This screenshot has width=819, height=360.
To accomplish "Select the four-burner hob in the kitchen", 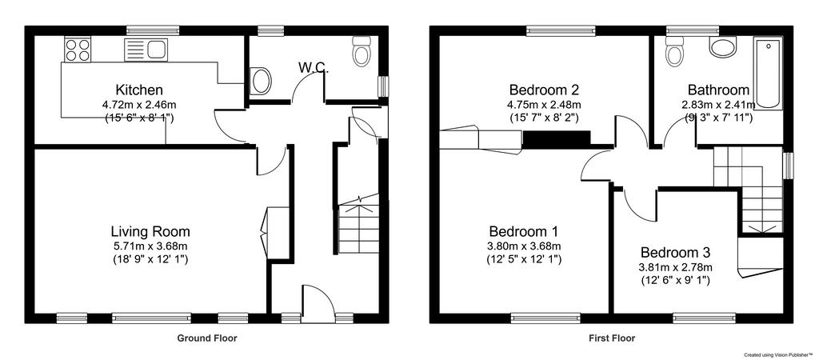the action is click(78, 49).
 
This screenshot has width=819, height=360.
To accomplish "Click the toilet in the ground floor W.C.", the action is click(362, 50).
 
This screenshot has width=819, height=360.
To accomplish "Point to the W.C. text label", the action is click(314, 67).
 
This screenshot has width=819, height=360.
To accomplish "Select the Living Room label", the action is click(150, 231).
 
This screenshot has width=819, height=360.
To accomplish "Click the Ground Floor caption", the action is click(207, 338).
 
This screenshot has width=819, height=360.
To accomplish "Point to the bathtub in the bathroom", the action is click(768, 74).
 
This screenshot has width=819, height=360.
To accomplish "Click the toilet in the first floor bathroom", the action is click(673, 50).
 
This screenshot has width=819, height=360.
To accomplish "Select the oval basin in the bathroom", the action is click(723, 46).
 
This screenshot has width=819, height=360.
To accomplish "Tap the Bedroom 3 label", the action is click(675, 253).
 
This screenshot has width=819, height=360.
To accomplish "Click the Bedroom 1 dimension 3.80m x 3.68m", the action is click(524, 246).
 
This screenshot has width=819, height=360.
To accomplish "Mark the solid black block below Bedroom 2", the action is click(557, 138).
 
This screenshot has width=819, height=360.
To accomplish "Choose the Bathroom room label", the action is click(718, 90).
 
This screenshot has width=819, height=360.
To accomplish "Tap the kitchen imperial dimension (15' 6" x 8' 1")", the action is click(139, 118).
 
